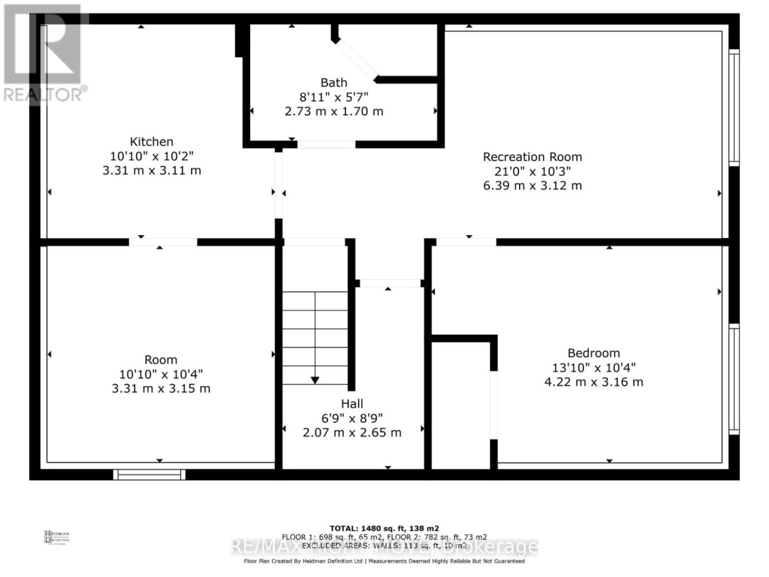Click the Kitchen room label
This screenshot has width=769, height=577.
pos(151,142)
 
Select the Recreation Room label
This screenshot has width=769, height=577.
pos(532,157)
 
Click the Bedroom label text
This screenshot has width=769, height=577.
pos(593,353)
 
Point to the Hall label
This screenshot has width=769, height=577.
pos(352,404)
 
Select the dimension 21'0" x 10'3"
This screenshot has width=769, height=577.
pos(532,171)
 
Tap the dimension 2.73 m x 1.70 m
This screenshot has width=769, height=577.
pos(334,111)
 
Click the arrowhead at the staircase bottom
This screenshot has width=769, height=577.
pos(315,380)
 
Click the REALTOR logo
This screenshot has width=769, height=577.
pos(43,53)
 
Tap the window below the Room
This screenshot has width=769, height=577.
pos(150,474)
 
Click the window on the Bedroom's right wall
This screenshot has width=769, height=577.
pos(734,379)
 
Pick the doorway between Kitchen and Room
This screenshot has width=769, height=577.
pos(163,242)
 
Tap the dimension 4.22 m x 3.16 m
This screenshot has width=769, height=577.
pos(593,382)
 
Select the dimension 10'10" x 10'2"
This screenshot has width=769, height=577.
pos(151,156)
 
